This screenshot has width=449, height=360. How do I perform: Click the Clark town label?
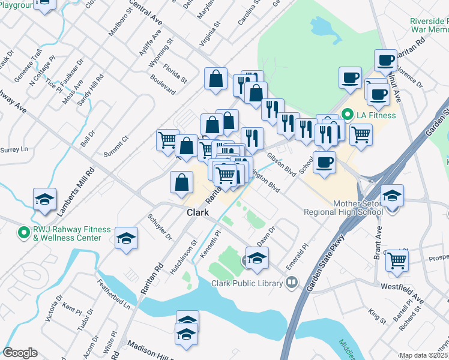(197, 213)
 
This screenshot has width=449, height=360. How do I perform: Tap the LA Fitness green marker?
(346, 115)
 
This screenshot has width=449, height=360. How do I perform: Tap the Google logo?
(20, 352)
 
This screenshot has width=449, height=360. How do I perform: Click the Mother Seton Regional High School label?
(343, 207)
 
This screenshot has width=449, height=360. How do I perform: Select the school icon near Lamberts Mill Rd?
(44, 199)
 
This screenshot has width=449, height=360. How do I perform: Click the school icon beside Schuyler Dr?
(127, 239)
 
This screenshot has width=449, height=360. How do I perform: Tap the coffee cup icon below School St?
(324, 162)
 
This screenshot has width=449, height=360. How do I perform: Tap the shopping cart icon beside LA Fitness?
(361, 134)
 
